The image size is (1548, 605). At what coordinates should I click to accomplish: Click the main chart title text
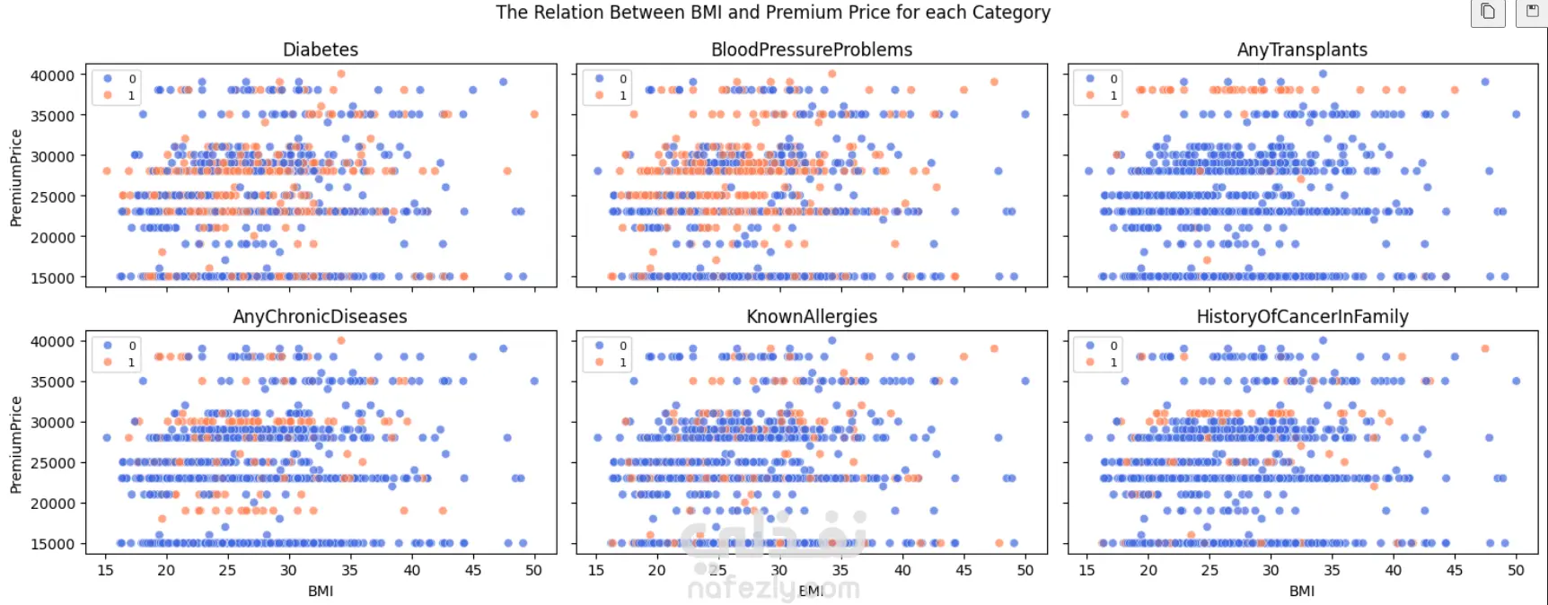pos(772,13)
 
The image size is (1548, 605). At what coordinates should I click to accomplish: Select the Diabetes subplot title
pos(321,50)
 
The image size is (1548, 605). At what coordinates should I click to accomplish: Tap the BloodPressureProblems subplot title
pos(812,50)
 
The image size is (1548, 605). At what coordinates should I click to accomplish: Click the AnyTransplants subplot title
pos(1302,50)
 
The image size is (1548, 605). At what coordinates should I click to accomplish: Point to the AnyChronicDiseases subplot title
pos(321,317)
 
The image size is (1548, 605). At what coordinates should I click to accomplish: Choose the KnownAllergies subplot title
pos(812,317)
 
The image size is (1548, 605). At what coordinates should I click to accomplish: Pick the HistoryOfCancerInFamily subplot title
pos(1302,317)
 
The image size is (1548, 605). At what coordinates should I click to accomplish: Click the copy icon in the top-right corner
pos(1488,12)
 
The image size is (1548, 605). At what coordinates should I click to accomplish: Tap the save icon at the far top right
pos(1532,12)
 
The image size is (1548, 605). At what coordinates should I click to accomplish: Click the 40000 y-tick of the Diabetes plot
pos(53,76)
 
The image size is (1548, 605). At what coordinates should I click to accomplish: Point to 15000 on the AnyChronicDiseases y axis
pos(53,544)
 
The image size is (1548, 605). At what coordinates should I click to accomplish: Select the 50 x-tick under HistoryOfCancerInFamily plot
pos(1516,570)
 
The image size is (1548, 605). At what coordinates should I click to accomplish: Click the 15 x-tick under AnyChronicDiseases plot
pos(105,570)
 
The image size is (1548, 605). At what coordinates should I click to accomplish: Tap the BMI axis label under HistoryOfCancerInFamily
pos(1302,591)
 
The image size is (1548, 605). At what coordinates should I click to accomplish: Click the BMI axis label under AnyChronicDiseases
pos(321,591)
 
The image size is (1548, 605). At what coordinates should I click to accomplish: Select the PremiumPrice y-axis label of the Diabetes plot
pos(15,177)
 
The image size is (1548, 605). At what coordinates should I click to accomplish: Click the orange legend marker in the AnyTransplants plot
pos(1090,95)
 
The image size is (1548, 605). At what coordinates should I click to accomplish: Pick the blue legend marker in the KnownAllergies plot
pos(599,346)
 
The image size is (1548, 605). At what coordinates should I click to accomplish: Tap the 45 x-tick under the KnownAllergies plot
pos(963,570)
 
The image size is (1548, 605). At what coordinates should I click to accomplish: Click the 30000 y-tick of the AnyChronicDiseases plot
pos(53,422)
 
